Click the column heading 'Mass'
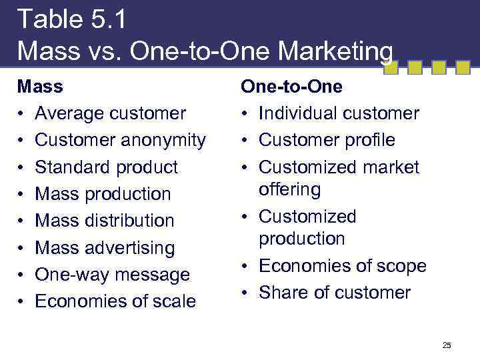40,87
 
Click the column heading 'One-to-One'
291,87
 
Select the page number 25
447,345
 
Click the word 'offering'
290,189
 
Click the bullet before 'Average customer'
21,114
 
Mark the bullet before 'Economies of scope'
245,267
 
